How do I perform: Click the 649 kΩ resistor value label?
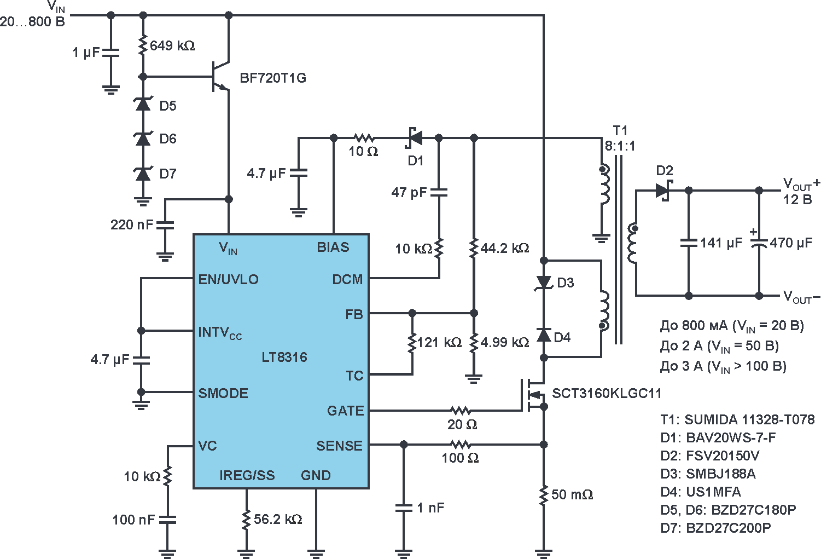click(x=172, y=46)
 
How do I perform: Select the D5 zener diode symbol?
click(x=143, y=104)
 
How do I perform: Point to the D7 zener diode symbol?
click(x=143, y=173)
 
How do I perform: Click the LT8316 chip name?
click(x=284, y=358)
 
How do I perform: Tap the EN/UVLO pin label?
click(x=228, y=279)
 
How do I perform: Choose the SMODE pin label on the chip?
click(x=223, y=393)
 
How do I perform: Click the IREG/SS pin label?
click(x=247, y=475)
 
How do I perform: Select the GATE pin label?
click(x=345, y=411)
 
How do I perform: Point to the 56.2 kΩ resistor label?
click(x=278, y=520)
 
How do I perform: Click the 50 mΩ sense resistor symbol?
click(x=544, y=495)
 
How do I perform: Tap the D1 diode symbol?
click(x=414, y=138)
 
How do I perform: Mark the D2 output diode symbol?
click(x=664, y=191)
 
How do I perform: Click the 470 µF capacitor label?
click(x=791, y=243)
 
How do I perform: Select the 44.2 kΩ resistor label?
click(x=505, y=249)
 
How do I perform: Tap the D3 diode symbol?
click(x=544, y=283)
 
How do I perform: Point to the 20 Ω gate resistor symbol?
click(x=461, y=411)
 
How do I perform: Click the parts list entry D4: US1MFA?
click(x=701, y=492)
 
